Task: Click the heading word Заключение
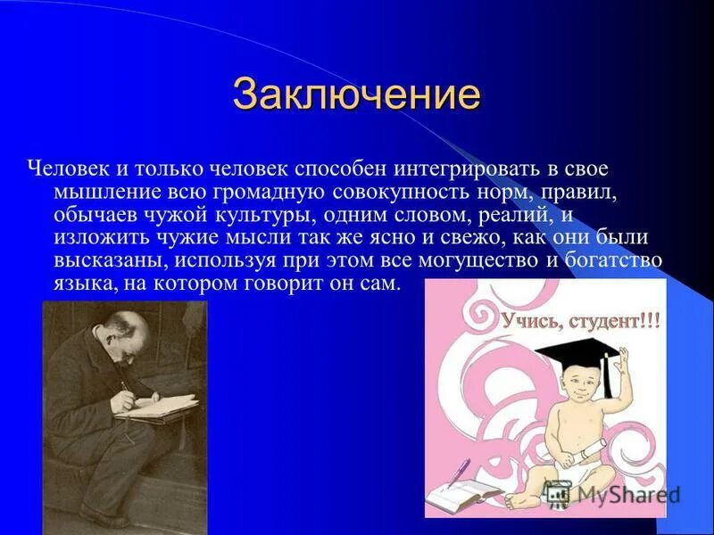point(356,94)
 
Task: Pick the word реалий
point(544,215)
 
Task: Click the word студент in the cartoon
point(611,320)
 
